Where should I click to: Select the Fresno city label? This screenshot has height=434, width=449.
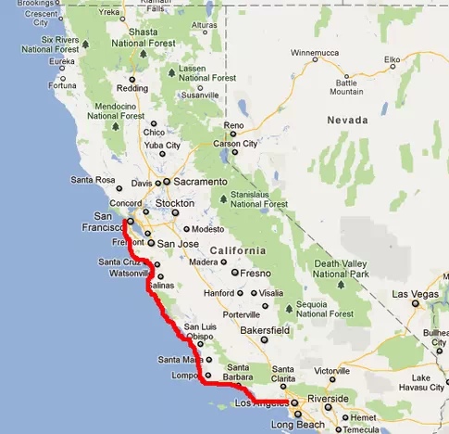pos(255,274)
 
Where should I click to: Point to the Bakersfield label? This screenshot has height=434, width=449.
pos(262,329)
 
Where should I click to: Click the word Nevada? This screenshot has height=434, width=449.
pos(347,121)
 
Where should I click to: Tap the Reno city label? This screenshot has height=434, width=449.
pos(232,125)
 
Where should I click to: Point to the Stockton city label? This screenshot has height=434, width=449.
pos(175,202)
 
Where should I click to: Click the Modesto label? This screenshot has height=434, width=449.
pos(210,228)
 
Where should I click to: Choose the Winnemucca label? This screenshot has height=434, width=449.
pos(317,53)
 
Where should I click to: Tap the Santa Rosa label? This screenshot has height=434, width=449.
pos(92,180)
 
